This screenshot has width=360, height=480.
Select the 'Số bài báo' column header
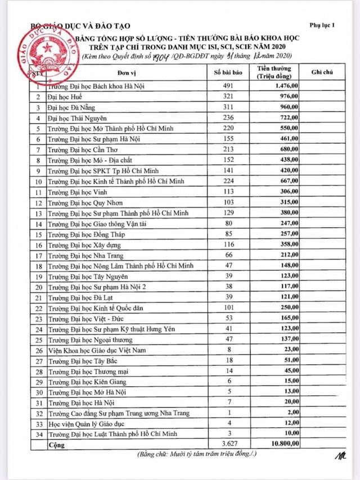pos(227,73)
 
